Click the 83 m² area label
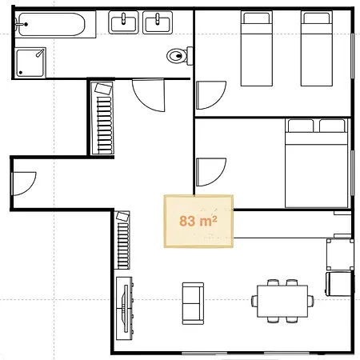pos(198,221)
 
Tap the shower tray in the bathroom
pos(30,63)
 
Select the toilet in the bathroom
pos(179,56)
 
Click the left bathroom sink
pos(123,22)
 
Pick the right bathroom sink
pos(158,22)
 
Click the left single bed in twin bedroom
pos(257,48)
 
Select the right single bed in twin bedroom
pos(317,48)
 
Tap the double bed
pos(317,163)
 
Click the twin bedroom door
pos(211,95)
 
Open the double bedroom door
pos(211,172)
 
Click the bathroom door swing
pos(149,95)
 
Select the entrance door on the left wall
pos(24,184)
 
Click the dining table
pos(282,302)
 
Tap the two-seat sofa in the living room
pos(193,303)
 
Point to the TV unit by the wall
pos(125,308)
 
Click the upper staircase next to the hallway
pos(102,118)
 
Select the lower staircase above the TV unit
pos(122,240)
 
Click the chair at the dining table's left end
pos(254,301)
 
